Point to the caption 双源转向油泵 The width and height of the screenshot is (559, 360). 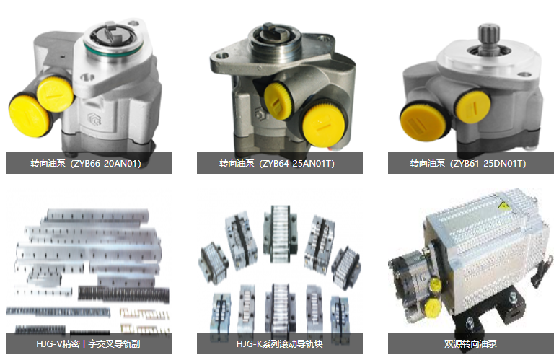470,344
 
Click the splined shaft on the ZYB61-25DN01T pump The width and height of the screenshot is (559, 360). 489,38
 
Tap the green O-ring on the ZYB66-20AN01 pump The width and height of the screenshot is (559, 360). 113,49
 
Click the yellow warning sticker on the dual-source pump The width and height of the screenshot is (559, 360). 504,206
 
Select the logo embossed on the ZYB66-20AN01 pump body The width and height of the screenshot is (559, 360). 94,119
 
